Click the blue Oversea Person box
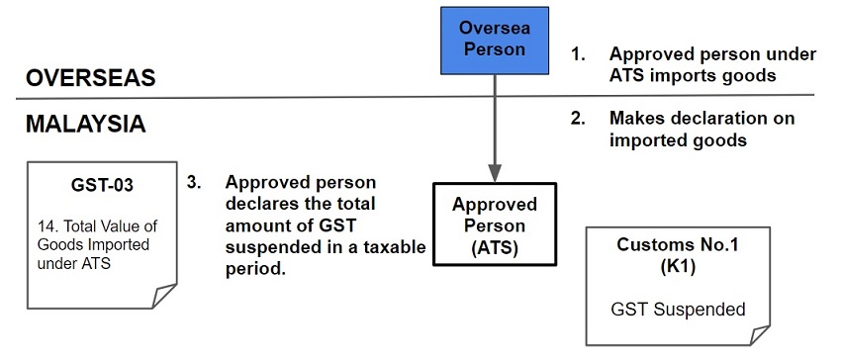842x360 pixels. [x=494, y=40]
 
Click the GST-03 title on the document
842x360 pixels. [x=102, y=183]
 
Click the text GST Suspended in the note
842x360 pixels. [x=678, y=310]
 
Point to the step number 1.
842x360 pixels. [x=578, y=54]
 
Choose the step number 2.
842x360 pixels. [x=578, y=119]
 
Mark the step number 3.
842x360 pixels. [x=195, y=183]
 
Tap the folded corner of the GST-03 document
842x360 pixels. [x=162, y=296]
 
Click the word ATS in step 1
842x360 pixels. [x=629, y=74]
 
